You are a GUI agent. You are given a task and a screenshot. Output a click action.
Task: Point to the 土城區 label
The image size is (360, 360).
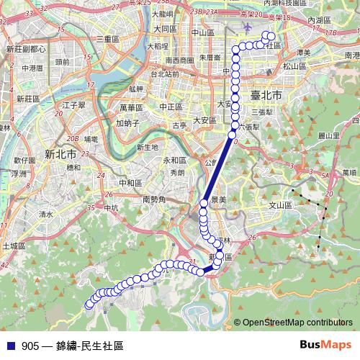click(14, 246)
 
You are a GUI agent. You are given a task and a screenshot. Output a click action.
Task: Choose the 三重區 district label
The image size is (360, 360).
click(107, 38)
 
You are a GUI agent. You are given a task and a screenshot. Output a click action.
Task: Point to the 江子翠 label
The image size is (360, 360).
click(74, 104)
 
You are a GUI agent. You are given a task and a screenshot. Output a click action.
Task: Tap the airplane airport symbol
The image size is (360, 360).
click(249, 27)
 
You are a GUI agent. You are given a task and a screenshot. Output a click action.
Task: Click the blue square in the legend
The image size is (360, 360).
click(9, 346)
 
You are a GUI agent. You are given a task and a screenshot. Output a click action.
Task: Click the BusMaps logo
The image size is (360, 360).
click(324, 345)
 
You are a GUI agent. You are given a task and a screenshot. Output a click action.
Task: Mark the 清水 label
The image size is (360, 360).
click(47, 214)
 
